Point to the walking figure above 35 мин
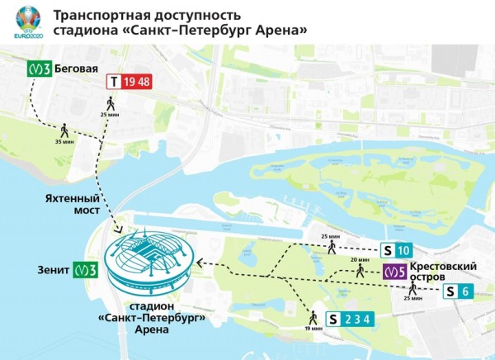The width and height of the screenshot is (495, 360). tap(64, 130)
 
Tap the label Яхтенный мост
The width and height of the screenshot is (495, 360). tap(75, 205)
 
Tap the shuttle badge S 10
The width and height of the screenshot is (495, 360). tap(394, 250)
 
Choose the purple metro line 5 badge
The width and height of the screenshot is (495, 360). tap(394, 271)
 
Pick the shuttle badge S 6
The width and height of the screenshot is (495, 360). tap(458, 291)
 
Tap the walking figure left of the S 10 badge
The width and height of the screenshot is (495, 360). tap(331, 245)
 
